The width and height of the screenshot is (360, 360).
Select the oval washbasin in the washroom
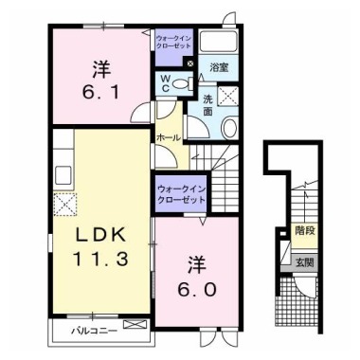229,130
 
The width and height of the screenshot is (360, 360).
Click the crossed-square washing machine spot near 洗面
227,94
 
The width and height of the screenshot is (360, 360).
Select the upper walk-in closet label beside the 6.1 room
173,43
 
